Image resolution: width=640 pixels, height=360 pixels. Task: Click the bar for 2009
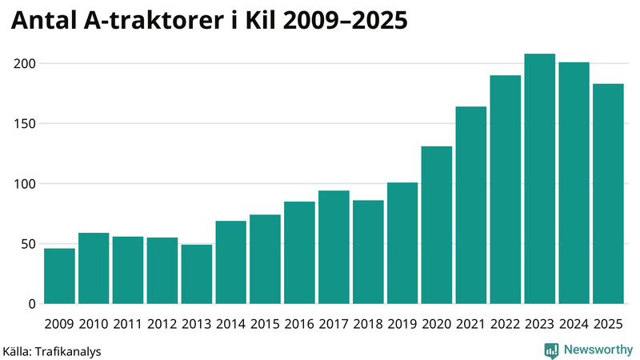(59, 276)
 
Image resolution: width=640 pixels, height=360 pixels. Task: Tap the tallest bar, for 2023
(539, 179)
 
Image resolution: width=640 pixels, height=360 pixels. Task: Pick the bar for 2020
(437, 225)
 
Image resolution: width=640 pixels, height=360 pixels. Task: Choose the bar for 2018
(368, 252)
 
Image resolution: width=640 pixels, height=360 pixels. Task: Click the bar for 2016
(299, 253)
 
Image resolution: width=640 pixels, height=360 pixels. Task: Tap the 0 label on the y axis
(32, 304)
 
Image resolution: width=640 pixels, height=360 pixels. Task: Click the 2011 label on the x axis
(128, 324)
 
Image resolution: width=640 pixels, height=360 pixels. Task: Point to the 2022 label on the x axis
(505, 324)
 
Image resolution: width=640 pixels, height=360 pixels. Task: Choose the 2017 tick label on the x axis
(334, 324)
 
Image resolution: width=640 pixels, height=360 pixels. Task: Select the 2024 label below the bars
(574, 324)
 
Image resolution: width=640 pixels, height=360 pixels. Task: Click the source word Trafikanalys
(67, 350)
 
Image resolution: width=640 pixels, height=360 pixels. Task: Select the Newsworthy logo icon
(552, 350)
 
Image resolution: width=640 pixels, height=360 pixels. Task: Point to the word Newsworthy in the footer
(598, 350)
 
